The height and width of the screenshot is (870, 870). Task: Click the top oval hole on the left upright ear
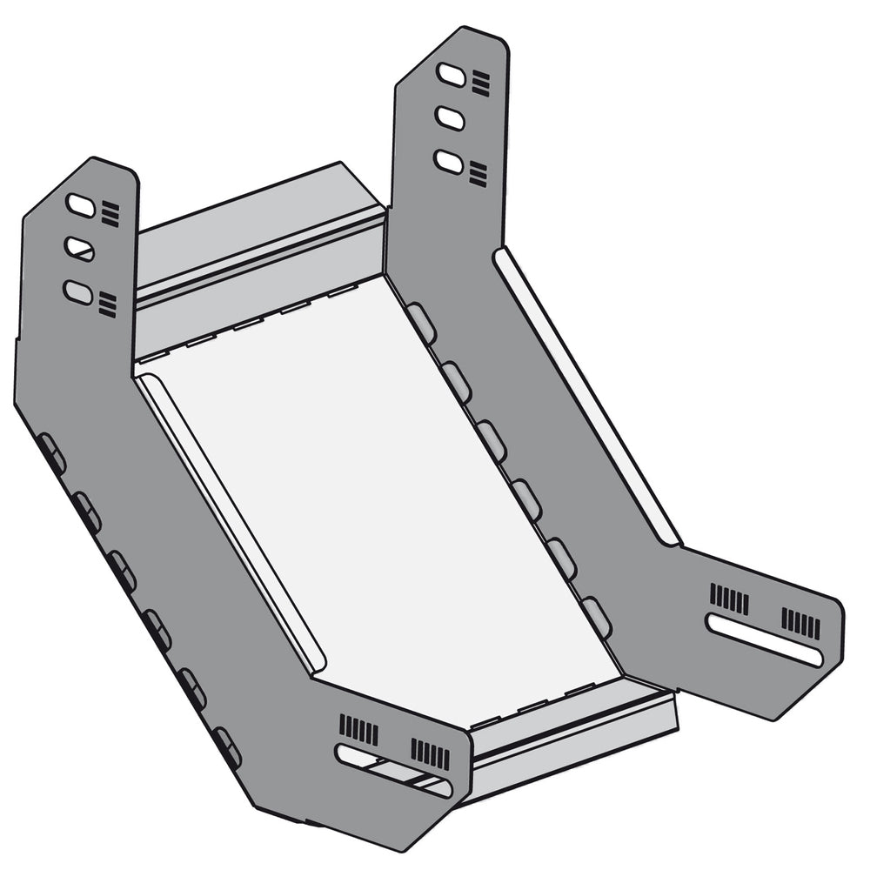pos(82,206)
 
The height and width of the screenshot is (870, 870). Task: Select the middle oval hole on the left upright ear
pos(80,250)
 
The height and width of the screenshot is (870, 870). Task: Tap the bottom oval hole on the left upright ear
pos(78,292)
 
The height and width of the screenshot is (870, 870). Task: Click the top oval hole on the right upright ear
pos(451,75)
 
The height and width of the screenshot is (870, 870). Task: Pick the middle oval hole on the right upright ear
pos(450,117)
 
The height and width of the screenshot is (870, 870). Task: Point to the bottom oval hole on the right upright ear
pos(449,161)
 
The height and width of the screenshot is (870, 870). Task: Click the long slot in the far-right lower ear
pos(765,640)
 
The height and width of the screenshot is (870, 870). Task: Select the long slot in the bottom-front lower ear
pos(394,770)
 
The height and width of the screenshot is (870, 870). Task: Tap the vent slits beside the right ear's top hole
pos(481,84)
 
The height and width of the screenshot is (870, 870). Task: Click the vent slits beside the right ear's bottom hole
pos(478,173)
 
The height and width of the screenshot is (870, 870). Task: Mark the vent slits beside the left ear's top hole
pos(110,213)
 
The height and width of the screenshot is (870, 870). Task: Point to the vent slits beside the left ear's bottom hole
pos(108,304)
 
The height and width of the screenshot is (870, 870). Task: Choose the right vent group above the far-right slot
pos(800,623)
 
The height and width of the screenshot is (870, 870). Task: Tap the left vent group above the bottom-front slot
pos(358,729)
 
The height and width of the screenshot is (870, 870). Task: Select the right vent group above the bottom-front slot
pos(431,754)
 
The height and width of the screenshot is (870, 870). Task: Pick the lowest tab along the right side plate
pos(596,617)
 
